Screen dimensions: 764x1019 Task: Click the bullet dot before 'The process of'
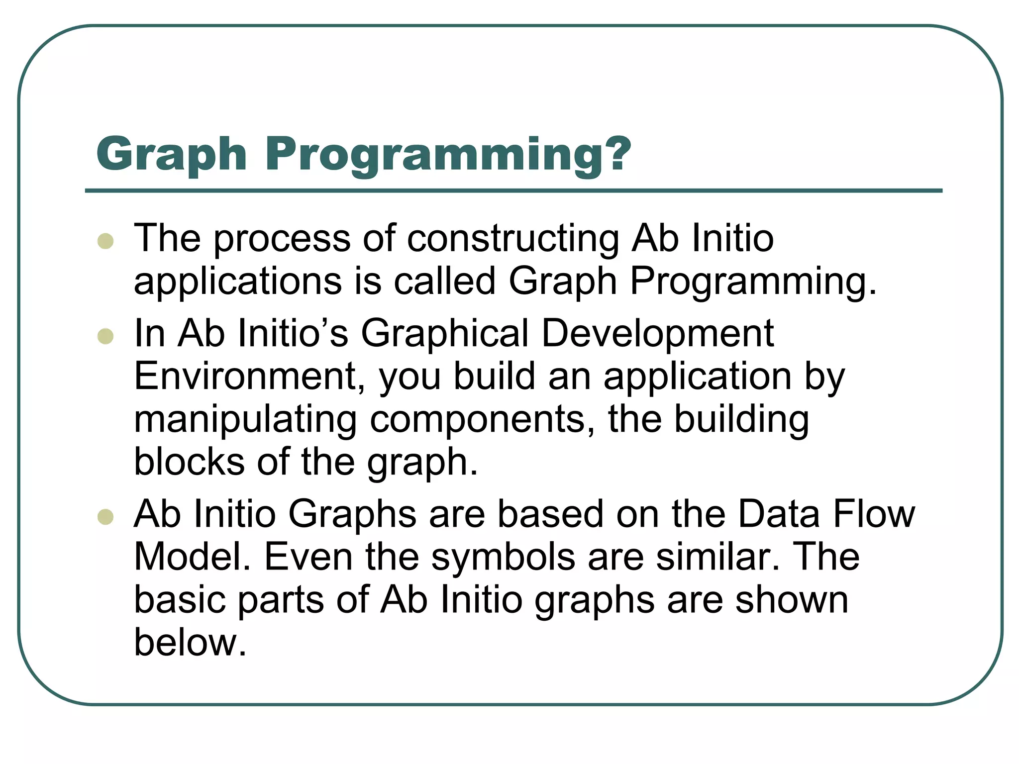[x=105, y=241]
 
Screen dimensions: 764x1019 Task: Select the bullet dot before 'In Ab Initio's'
[x=105, y=336]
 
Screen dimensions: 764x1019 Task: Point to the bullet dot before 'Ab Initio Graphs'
[x=105, y=517]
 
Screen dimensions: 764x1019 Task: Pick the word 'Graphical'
[x=444, y=333]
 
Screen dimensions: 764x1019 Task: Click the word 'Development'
[x=657, y=333]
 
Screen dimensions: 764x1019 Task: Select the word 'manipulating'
[x=246, y=420]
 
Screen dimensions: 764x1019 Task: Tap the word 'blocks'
[x=189, y=462]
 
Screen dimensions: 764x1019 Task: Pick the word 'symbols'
[x=503, y=557]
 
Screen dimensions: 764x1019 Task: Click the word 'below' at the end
[x=190, y=643]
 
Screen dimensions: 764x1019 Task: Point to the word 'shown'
[x=792, y=600]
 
